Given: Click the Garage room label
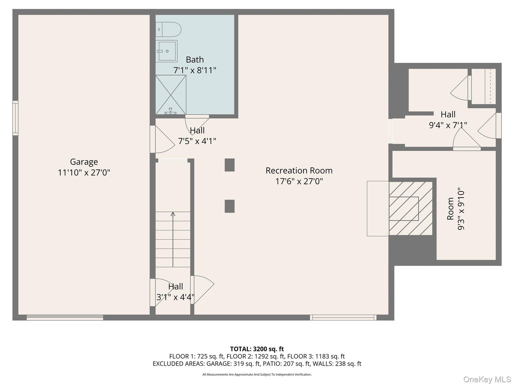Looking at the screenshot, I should point(84,162).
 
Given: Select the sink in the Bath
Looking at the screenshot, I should point(166,51).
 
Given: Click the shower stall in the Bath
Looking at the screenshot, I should point(171,95).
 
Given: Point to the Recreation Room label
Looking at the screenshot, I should point(299,170).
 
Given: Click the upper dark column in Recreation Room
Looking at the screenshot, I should point(230,165).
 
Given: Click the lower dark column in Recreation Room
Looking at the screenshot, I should point(230,206).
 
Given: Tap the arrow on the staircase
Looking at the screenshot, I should point(173,215).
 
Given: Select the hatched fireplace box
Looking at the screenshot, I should point(410,209).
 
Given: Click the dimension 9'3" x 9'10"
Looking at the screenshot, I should point(461,209).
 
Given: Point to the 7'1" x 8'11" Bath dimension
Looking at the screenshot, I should point(195,70).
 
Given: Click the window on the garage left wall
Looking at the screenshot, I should point(15,118).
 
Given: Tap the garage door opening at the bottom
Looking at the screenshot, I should point(65,317).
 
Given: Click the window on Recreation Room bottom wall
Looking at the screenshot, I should point(343,317).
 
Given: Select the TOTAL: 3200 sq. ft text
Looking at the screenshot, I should point(257,349).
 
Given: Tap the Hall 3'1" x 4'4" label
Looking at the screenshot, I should point(175,292).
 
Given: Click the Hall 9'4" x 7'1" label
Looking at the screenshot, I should point(448,119).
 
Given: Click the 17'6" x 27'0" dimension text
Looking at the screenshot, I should point(299,181).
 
